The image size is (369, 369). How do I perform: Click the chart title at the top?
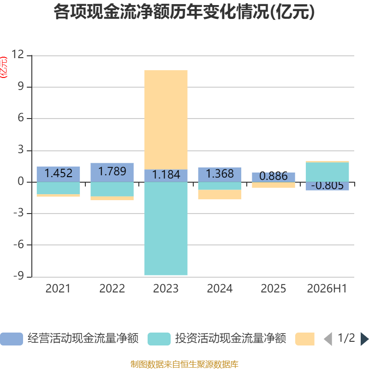click(184, 12)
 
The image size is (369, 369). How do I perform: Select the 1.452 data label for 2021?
click(59, 173)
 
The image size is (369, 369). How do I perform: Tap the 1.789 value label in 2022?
click(112, 171)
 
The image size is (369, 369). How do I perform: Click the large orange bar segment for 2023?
click(166, 119)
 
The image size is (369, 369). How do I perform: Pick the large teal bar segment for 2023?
click(166, 228)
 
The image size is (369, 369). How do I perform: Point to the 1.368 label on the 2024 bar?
click(220, 174)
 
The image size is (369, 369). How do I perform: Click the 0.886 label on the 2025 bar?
click(274, 176)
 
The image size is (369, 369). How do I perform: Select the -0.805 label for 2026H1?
click(327, 186)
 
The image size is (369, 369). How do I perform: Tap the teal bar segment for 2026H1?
click(327, 172)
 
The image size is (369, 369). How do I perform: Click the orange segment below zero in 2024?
click(220, 194)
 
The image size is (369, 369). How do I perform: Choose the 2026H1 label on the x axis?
click(327, 289)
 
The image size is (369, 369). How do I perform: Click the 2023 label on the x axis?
click(166, 289)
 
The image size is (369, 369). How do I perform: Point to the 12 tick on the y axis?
click(18, 54)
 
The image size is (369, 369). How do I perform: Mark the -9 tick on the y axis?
click(18, 276)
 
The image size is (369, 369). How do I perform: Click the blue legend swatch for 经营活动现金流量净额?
click(12, 339)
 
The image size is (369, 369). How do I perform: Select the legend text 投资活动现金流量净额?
click(231, 339)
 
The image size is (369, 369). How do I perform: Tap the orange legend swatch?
click(305, 339)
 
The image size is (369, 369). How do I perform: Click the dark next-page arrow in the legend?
click(364, 339)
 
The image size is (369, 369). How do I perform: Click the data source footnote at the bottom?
click(184, 364)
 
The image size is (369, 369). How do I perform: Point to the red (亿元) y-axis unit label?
click(4, 67)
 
